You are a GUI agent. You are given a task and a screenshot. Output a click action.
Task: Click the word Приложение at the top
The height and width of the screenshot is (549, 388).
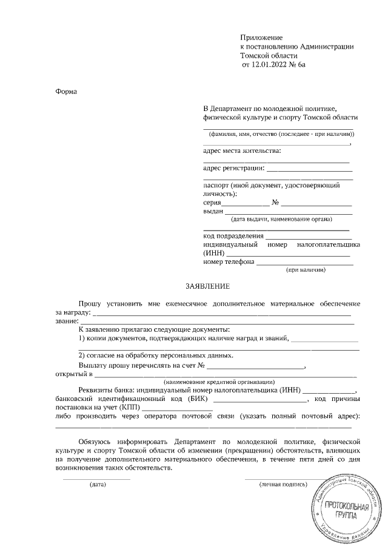pos(261,38)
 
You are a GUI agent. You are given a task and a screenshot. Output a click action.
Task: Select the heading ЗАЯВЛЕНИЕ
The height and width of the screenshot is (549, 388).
pos(207,286)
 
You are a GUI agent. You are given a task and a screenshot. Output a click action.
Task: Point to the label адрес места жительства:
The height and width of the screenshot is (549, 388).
pos(242,150)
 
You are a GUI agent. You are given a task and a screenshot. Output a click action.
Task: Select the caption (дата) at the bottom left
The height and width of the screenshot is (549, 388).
pos(97,485)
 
